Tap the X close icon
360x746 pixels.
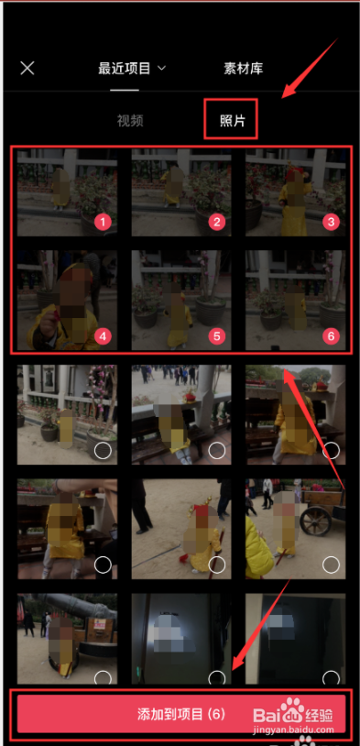click(27, 68)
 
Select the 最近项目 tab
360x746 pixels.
click(124, 69)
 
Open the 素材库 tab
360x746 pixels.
click(243, 69)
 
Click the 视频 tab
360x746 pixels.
click(130, 120)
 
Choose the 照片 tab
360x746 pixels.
click(232, 120)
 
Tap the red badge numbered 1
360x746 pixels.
click(103, 222)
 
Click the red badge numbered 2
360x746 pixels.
click(217, 222)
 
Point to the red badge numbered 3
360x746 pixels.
click(331, 222)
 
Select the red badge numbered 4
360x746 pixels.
click(103, 336)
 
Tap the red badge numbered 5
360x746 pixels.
click(217, 336)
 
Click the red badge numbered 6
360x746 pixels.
click(331, 336)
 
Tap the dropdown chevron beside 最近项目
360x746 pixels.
click(162, 69)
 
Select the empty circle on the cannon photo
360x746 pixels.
click(103, 678)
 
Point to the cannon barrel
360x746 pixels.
click(71, 604)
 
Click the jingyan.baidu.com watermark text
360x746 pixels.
click(295, 730)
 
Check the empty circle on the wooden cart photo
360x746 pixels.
click(331, 565)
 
